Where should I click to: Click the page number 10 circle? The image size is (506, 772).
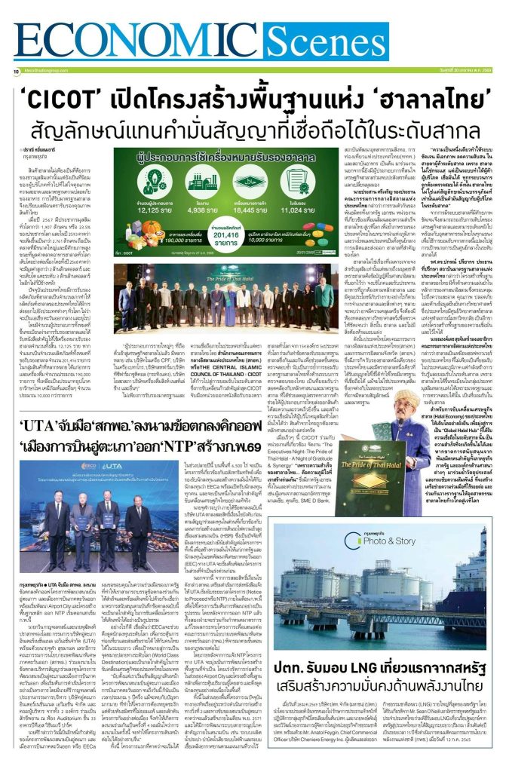[x=16, y=72]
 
